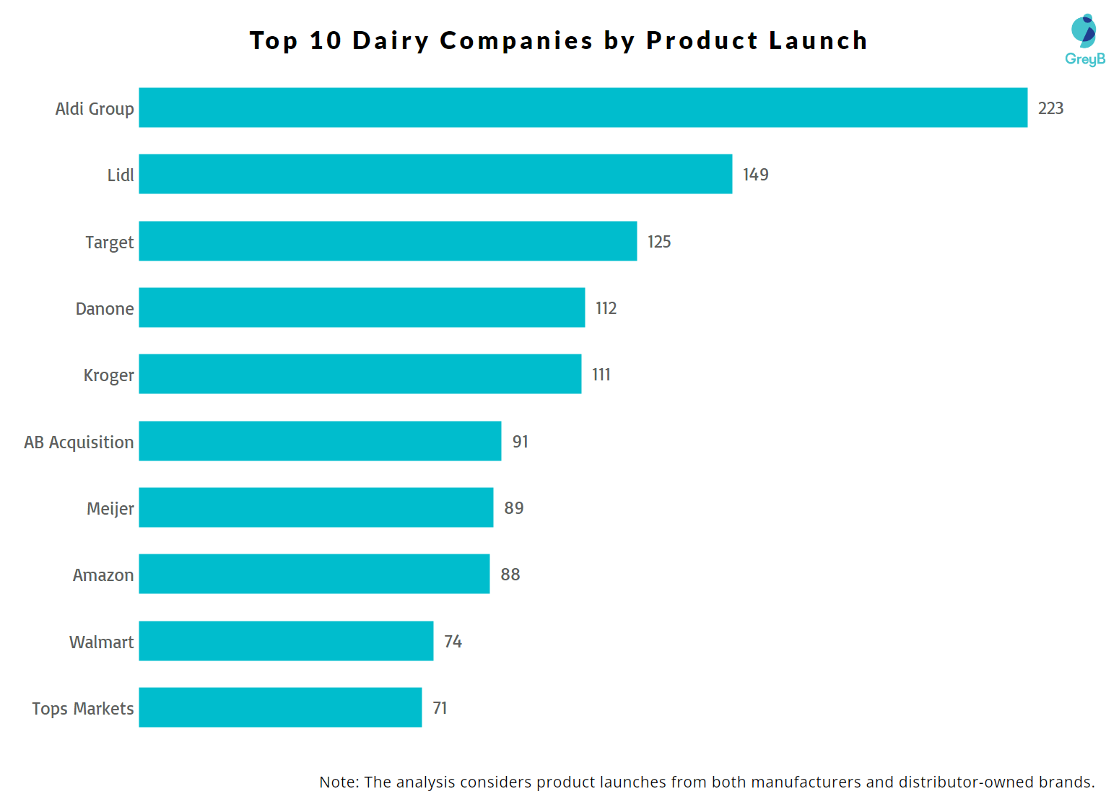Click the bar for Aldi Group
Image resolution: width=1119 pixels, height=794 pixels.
click(x=583, y=108)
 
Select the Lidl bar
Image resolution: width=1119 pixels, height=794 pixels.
click(x=435, y=174)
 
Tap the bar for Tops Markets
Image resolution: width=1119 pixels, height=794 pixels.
click(x=280, y=707)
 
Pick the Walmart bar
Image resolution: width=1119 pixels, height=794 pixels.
click(x=286, y=641)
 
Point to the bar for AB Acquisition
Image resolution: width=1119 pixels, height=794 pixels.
click(x=320, y=441)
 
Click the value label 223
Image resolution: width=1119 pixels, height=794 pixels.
click(x=1050, y=108)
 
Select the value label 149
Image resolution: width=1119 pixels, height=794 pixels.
click(x=755, y=175)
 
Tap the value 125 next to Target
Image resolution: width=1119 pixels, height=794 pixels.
click(x=659, y=242)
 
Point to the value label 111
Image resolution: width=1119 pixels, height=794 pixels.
click(x=601, y=375)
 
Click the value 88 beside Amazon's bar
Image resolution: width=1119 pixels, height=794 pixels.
click(x=510, y=575)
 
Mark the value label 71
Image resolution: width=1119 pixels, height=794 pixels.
click(x=440, y=708)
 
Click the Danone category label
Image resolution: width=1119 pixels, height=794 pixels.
click(x=105, y=309)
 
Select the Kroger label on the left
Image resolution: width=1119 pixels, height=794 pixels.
click(x=108, y=375)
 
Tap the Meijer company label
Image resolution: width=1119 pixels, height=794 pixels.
click(x=110, y=509)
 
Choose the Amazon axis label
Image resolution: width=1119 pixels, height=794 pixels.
click(x=103, y=575)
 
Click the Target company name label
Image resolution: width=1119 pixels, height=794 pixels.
click(x=109, y=243)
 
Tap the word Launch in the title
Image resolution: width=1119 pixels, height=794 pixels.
click(x=818, y=41)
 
